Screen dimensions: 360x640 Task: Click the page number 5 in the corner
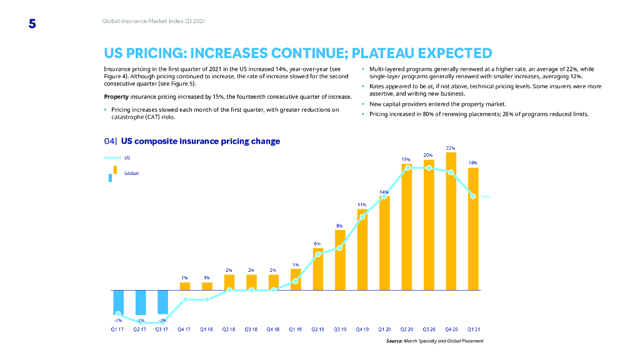pyautogui.click(x=32, y=24)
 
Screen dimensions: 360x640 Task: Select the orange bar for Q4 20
pyautogui.click(x=451, y=222)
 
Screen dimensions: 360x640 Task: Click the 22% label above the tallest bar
pyautogui.click(x=451, y=147)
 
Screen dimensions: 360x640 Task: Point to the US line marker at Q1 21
pyautogui.click(x=473, y=196)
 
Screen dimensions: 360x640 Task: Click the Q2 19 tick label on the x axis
pyautogui.click(x=318, y=328)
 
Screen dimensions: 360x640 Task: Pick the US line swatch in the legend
pyautogui.click(x=112, y=158)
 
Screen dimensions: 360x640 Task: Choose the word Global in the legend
pyautogui.click(x=131, y=173)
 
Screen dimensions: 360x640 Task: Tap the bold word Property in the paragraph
pyautogui.click(x=116, y=97)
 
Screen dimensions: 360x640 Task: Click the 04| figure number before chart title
pyautogui.click(x=111, y=141)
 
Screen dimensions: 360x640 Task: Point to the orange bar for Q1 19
pyautogui.click(x=296, y=279)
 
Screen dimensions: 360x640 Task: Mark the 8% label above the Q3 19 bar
pyautogui.click(x=339, y=226)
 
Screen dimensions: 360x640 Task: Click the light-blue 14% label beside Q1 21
pyautogui.click(x=486, y=197)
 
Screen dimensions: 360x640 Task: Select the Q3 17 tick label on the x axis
pyautogui.click(x=162, y=328)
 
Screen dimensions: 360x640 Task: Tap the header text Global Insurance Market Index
pyautogui.click(x=153, y=22)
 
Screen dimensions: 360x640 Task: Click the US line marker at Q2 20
pyautogui.click(x=407, y=167)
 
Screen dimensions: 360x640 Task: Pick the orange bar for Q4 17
pyautogui.click(x=185, y=286)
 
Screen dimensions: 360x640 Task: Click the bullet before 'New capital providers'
pyautogui.click(x=363, y=104)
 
